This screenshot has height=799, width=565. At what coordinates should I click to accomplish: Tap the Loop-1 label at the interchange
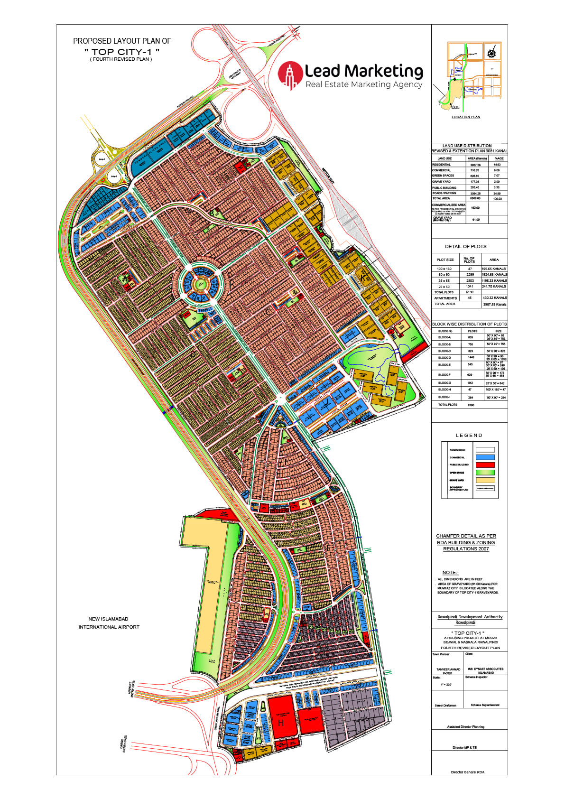pyautogui.click(x=102, y=159)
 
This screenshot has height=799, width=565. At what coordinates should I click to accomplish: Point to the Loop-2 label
pyautogui.click(x=113, y=177)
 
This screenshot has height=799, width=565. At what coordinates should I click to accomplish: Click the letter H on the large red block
pyautogui.click(x=281, y=723)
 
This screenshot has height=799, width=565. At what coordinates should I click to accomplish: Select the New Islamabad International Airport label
pyautogui.click(x=109, y=623)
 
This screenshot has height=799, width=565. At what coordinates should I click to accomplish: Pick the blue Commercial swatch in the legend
pyautogui.click(x=485, y=457)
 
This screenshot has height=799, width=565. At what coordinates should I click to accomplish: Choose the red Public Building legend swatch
pyautogui.click(x=485, y=465)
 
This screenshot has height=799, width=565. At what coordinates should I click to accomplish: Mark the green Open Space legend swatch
pyautogui.click(x=485, y=473)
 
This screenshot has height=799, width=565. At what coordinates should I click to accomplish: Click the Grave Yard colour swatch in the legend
pyautogui.click(x=485, y=480)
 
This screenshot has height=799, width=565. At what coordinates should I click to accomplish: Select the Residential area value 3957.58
pyautogui.click(x=475, y=165)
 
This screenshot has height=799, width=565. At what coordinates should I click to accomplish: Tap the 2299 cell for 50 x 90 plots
pyautogui.click(x=470, y=275)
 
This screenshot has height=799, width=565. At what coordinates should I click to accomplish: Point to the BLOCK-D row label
pyautogui.click(x=445, y=358)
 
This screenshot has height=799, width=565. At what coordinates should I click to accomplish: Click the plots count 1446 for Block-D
pyautogui.click(x=471, y=358)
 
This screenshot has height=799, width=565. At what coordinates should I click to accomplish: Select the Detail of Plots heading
pyautogui.click(x=465, y=247)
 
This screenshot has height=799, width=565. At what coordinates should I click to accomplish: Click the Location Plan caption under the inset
pyautogui.click(x=465, y=117)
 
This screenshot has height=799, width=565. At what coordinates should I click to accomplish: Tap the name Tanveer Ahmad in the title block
pyautogui.click(x=448, y=669)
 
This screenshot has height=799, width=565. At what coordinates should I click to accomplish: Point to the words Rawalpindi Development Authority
pyautogui.click(x=470, y=617)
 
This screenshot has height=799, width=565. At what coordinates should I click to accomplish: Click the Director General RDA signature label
pyautogui.click(x=467, y=772)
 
